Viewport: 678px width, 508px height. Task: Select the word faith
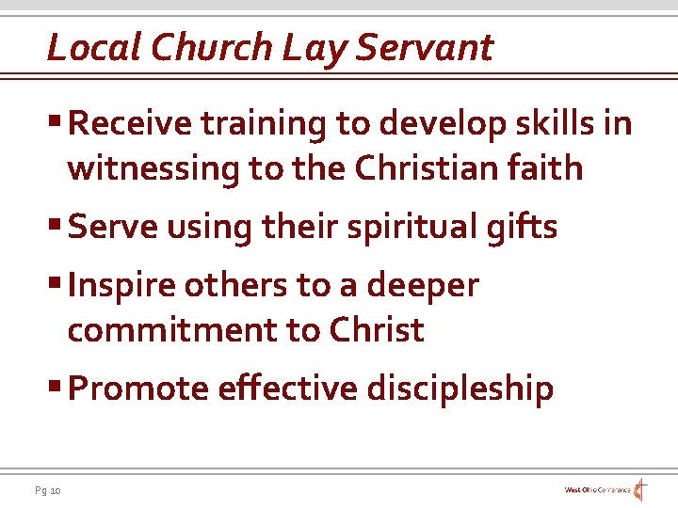point(549,168)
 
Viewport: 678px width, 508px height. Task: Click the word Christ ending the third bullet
point(377,330)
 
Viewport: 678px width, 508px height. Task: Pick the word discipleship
point(460,389)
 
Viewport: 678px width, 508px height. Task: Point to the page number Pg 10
point(47,490)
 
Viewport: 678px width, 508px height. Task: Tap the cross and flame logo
point(639,490)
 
